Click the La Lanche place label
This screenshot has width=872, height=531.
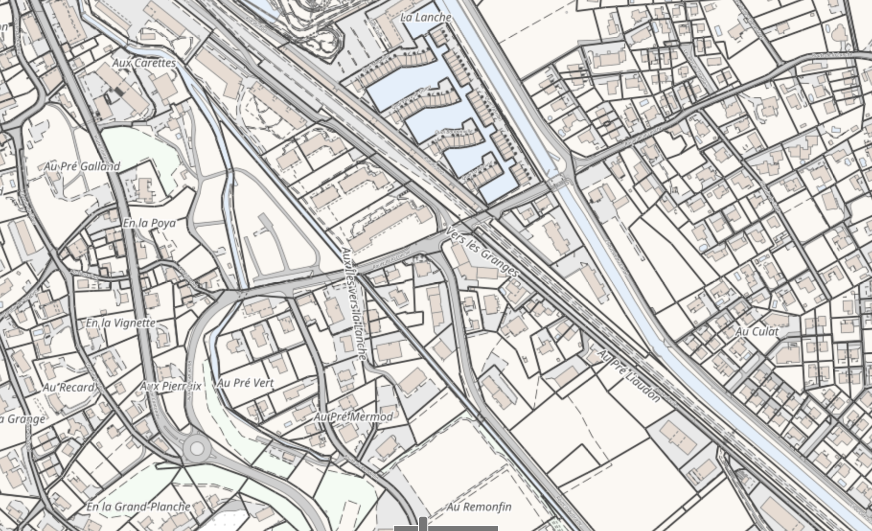click(x=425, y=18)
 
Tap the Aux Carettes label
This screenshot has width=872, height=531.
click(x=144, y=63)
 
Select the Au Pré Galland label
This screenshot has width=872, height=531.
click(x=82, y=166)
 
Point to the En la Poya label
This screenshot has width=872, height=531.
click(x=149, y=223)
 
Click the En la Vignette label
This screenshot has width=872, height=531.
click(x=121, y=323)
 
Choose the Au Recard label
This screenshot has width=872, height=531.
click(x=69, y=387)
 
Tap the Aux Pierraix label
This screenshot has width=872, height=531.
click(x=171, y=386)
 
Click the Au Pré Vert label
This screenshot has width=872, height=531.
click(x=245, y=383)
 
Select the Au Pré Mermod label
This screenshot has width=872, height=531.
click(x=353, y=417)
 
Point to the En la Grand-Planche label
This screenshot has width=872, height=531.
click(x=138, y=507)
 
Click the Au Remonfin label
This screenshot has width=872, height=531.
click(x=479, y=507)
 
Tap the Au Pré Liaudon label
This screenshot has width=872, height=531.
click(x=629, y=377)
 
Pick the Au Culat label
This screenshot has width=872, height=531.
click(x=757, y=331)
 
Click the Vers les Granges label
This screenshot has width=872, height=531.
click(x=482, y=252)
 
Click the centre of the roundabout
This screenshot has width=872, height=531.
click(x=197, y=449)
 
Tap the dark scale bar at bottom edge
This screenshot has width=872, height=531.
click(x=446, y=528)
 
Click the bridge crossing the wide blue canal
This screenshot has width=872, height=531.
click(x=558, y=182)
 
